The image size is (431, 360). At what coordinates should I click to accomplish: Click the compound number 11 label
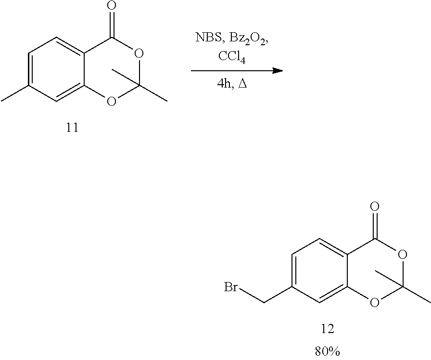72,128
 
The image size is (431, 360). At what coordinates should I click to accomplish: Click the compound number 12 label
328,329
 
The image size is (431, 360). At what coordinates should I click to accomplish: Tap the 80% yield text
328,351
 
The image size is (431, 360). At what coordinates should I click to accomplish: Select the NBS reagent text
208,38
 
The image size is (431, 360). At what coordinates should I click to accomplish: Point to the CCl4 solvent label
232,56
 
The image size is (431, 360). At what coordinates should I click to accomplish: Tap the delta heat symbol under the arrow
242,84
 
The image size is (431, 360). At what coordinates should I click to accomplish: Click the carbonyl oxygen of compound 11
111,6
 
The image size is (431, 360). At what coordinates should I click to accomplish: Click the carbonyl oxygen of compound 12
374,206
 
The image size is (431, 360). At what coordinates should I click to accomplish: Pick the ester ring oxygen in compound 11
139,53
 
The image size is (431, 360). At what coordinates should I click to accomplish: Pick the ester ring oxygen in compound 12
402,255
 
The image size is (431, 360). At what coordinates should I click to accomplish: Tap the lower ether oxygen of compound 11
111,101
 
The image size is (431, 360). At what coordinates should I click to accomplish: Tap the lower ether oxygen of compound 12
374,302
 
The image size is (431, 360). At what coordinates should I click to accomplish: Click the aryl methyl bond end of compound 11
1,101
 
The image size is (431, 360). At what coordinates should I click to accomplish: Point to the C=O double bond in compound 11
111,24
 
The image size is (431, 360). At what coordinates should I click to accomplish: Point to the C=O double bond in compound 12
374,225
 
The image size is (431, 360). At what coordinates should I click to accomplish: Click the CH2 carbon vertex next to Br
264,303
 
